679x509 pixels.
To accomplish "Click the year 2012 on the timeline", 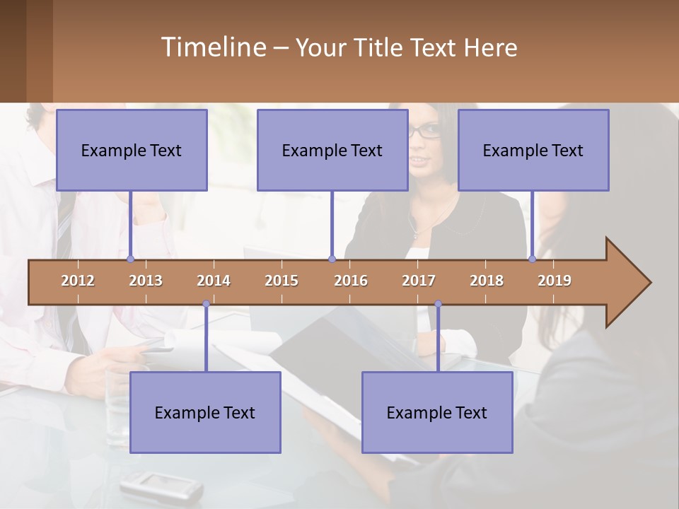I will (x=78, y=281).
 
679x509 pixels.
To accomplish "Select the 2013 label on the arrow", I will (x=146, y=281).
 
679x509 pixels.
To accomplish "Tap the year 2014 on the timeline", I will (x=214, y=281).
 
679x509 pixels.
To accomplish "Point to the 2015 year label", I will (x=282, y=281).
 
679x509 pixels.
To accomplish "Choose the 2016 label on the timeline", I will (x=351, y=281).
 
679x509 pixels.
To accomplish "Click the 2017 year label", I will (x=419, y=281).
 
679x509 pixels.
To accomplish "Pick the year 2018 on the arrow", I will (x=487, y=281).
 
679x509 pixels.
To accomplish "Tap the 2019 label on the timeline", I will (x=555, y=281).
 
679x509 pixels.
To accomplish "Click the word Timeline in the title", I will (x=212, y=47).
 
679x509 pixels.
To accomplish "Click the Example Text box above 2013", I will (x=132, y=150).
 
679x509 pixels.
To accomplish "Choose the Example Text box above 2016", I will (x=332, y=150).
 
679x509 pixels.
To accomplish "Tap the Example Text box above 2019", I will (x=533, y=150).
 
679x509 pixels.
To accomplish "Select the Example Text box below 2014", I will (x=205, y=412).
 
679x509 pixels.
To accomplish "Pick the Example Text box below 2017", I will (x=437, y=412).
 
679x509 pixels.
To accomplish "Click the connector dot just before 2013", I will (x=130, y=259).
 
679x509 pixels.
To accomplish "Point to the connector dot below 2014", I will (x=206, y=304).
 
